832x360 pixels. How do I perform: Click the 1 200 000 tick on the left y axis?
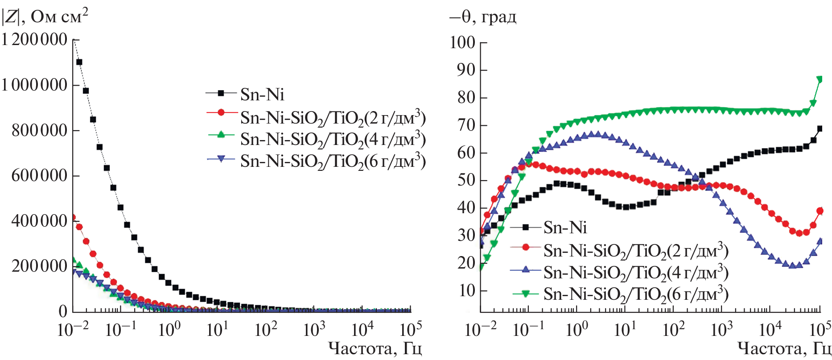pyautogui.click(x=35, y=40)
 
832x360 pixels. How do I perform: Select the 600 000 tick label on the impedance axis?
pyautogui.click(x=39, y=175)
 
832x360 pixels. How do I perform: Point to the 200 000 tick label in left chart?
pyautogui.click(x=39, y=266)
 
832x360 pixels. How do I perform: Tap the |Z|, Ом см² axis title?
pyautogui.click(x=45, y=17)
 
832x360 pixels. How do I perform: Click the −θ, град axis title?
pyautogui.click(x=482, y=17)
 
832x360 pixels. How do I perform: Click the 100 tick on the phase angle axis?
pyautogui.click(x=463, y=43)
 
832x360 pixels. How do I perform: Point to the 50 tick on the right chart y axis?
pyautogui.click(x=466, y=180)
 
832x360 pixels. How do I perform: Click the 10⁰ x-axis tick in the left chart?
pyautogui.click(x=169, y=330)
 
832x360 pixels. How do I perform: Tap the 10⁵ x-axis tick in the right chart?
pyautogui.click(x=820, y=330)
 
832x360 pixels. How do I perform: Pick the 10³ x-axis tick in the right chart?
pyautogui.click(x=722, y=330)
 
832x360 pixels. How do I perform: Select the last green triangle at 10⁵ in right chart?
pyautogui.click(x=820, y=79)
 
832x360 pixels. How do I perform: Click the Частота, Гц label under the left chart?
pyautogui.click(x=375, y=348)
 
